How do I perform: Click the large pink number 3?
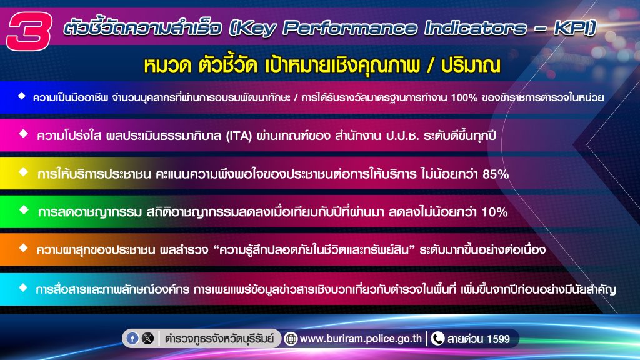(29, 31)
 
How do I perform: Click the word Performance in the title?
(350, 27)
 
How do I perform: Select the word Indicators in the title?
(475, 27)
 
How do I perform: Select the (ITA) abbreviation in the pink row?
(239, 136)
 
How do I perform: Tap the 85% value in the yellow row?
(496, 174)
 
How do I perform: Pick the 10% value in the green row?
(495, 212)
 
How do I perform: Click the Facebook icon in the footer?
(132, 338)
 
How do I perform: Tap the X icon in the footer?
(147, 338)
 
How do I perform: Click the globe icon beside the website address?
(291, 339)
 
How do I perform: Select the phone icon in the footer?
(437, 338)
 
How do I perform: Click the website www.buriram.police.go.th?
(361, 339)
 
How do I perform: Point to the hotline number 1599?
(498, 339)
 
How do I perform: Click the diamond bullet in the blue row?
(22, 96)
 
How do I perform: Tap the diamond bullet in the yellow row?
(24, 172)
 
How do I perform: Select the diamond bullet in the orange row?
(23, 247)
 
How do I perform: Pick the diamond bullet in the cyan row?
(23, 287)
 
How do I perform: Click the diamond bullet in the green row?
(24, 210)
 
